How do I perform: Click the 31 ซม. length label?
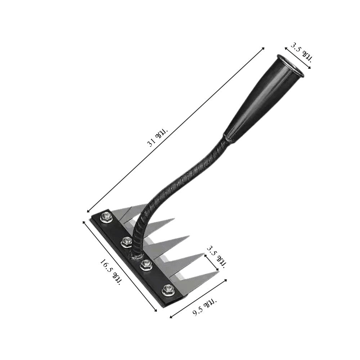pyautogui.click(x=158, y=137)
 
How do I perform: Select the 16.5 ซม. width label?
pyautogui.click(x=111, y=272)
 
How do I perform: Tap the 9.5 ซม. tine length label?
pyautogui.click(x=204, y=307)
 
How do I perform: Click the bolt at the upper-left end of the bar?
pyautogui.click(x=106, y=216)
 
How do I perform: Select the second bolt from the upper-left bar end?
pyautogui.click(x=126, y=242)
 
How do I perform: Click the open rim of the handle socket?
pyautogui.click(x=290, y=65)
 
